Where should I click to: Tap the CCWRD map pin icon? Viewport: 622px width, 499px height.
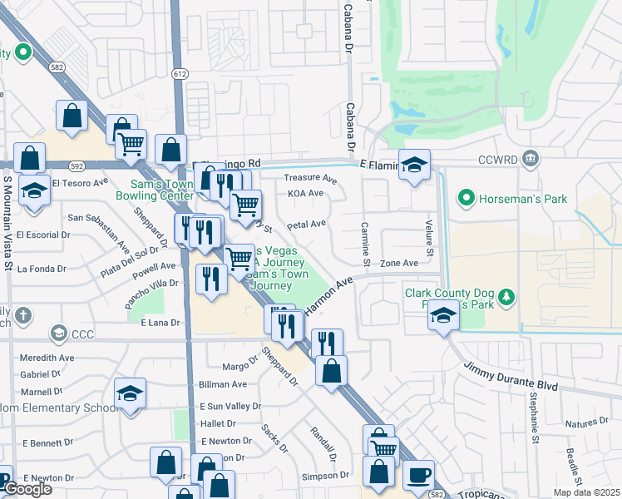coord(531,158)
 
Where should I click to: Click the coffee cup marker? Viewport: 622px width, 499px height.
coord(419,477)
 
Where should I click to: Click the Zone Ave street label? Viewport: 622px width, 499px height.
coord(398,263)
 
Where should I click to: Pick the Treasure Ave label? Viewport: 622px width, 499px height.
coord(310,179)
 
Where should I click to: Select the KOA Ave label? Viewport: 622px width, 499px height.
coord(305,193)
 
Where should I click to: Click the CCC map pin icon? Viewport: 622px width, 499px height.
coord(58,334)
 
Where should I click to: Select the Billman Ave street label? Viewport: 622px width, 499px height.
coord(223,384)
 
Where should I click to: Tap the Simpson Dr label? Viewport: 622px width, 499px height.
coord(326,476)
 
